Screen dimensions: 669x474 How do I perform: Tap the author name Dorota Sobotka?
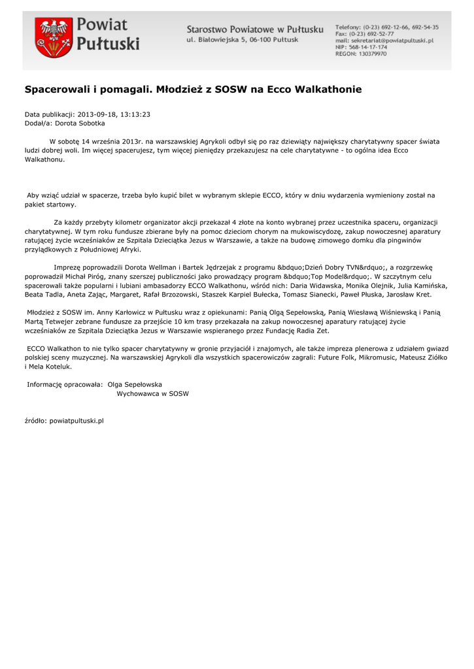point(80,122)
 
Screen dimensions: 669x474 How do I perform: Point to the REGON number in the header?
point(361,54)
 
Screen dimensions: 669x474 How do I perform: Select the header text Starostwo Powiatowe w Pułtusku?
point(254,29)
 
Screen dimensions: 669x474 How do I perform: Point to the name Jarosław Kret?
point(411,295)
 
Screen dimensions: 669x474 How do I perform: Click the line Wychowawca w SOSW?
point(153,394)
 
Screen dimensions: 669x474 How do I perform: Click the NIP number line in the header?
point(361,48)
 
